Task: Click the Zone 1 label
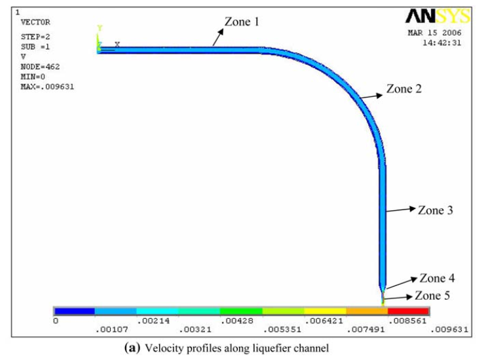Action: pyautogui.click(x=242, y=22)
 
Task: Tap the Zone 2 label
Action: pyautogui.click(x=403, y=88)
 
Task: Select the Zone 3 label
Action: pyautogui.click(x=436, y=210)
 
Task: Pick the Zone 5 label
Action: pyautogui.click(x=432, y=296)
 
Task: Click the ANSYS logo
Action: pyautogui.click(x=438, y=16)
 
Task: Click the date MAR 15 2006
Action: pyautogui.click(x=435, y=33)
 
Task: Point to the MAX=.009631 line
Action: pyautogui.click(x=47, y=86)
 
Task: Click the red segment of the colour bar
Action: pyautogui.click(x=407, y=310)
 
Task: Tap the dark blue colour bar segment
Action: pyautogui.click(x=74, y=310)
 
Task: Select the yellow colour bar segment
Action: pyautogui.click(x=324, y=310)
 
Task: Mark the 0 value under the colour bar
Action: pyautogui.click(x=56, y=321)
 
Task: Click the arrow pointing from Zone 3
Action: pyautogui.click(x=400, y=210)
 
